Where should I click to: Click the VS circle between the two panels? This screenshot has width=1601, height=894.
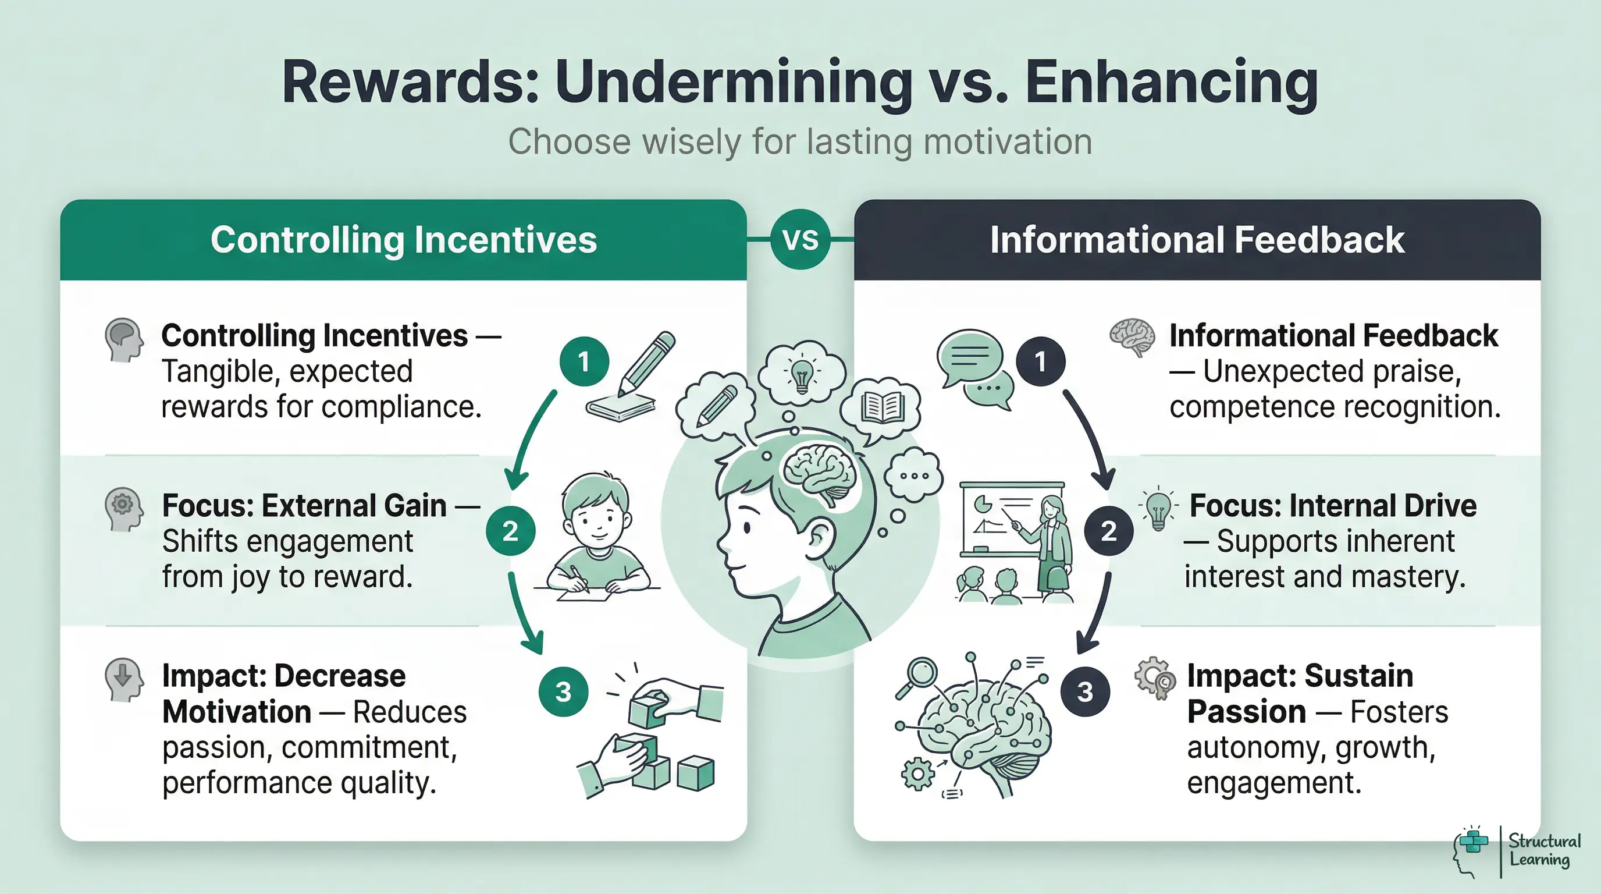800,239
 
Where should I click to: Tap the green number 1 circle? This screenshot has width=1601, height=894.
584,361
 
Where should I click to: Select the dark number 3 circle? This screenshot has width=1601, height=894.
1084,691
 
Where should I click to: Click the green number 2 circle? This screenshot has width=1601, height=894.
510,531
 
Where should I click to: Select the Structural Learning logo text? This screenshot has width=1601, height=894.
1544,850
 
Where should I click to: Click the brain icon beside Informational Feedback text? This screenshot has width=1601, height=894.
1132,337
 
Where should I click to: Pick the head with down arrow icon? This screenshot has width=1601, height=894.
124,679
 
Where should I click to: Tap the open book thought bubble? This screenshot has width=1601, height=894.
881,408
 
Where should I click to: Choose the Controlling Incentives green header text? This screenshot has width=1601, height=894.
403,240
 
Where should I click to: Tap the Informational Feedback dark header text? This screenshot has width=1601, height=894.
1197,240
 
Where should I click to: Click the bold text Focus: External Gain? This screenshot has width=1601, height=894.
304,505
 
